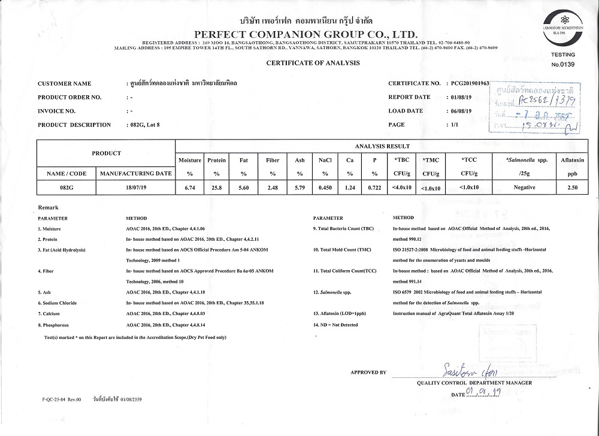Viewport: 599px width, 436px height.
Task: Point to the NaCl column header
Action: point(325,161)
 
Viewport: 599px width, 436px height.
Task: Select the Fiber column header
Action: point(273,161)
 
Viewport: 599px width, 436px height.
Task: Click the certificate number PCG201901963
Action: point(469,83)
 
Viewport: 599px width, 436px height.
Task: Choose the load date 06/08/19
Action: point(459,111)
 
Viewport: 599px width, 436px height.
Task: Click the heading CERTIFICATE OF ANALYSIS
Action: point(313,63)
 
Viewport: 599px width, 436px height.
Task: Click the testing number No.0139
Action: point(562,64)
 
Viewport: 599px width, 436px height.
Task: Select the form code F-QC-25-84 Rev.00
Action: point(62,399)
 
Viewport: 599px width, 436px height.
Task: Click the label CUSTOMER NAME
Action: point(65,84)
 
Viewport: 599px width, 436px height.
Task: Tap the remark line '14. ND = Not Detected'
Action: point(335,325)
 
